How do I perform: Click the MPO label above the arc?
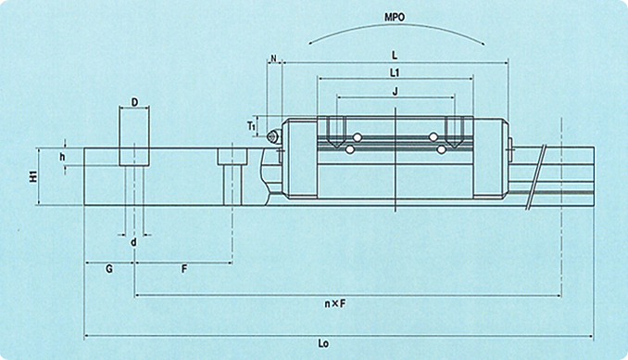coord(395,18)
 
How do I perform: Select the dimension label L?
coord(395,56)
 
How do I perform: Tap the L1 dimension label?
coord(395,72)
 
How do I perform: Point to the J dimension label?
coord(396,92)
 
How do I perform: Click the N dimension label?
coord(274,58)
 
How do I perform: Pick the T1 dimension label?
coord(251,126)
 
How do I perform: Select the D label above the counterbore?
coord(134,102)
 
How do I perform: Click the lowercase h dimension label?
coord(62,157)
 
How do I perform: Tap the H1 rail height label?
coord(33,176)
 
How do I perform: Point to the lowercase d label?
coord(133,242)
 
